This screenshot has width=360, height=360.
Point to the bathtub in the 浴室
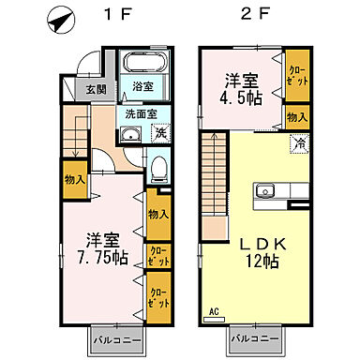pyautogui.click(x=145, y=67)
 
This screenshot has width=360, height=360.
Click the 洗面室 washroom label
pyautogui.click(x=142, y=114)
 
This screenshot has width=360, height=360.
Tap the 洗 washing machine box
pyautogui.click(x=160, y=133)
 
